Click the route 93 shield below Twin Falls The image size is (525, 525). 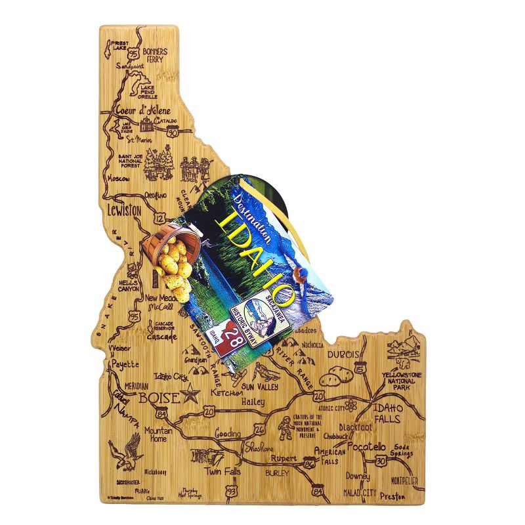(x=230, y=491)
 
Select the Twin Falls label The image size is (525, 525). (x=222, y=471)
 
